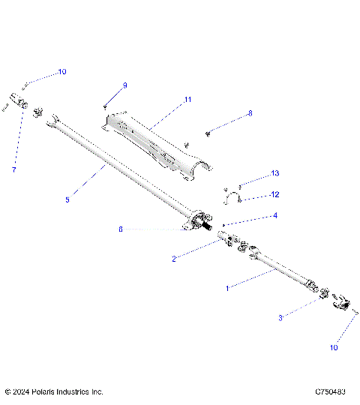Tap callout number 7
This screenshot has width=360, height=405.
coord(13,170)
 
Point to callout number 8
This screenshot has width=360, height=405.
coord(250,114)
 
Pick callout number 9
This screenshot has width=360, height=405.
coord(124,85)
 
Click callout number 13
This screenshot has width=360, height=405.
coord(254,173)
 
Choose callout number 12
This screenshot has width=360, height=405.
coord(253,194)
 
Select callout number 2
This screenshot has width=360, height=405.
coord(174,259)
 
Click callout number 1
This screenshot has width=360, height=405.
coord(229,286)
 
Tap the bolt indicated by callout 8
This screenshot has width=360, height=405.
coord(207,133)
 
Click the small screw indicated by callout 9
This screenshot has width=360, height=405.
coord(106,107)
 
